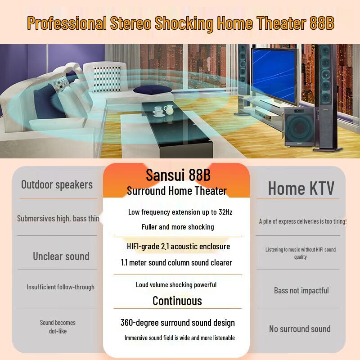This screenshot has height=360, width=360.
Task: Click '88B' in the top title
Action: coord(322,23)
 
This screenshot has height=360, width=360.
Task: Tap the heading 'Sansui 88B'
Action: coord(178,175)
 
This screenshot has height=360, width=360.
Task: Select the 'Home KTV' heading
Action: coord(301,189)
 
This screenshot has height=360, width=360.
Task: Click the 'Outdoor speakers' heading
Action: coord(57,184)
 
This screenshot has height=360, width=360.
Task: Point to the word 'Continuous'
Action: coord(177,301)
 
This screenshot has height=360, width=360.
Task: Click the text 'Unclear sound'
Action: coord(61,256)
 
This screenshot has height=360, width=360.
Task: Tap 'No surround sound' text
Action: coord(300,329)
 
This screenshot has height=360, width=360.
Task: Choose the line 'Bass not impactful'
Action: coord(301,291)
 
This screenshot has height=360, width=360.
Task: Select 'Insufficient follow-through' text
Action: coord(60,287)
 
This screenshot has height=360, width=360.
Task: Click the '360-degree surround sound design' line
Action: coord(178,323)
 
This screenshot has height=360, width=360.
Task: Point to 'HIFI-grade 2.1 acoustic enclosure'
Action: coord(179,247)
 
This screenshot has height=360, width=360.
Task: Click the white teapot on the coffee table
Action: coord(168,110)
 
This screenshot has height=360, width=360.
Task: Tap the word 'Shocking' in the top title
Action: coord(184,23)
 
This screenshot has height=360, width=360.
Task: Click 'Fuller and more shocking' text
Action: coord(178,227)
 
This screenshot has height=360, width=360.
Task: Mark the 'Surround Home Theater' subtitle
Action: coord(176,191)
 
